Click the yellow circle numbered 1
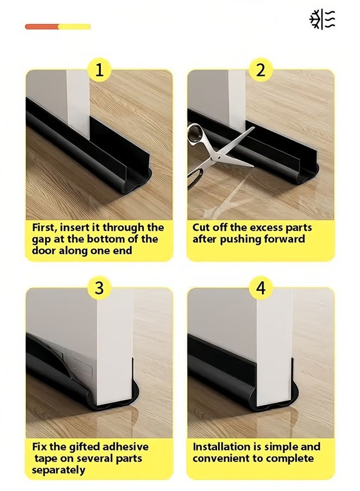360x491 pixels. click(x=99, y=69)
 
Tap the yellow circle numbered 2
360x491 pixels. click(x=261, y=69)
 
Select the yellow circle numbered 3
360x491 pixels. click(x=99, y=288)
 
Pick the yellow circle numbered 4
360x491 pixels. click(x=261, y=288)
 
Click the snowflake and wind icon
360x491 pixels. click(x=322, y=20)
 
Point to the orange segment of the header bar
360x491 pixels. click(x=42, y=27)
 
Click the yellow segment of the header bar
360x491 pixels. click(x=75, y=27)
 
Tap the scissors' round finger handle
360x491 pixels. click(x=196, y=133)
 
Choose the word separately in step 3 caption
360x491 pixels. click(x=58, y=470)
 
